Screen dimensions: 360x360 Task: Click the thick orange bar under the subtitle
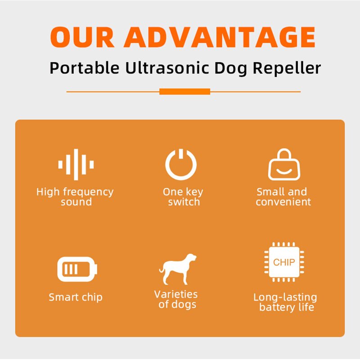(x=184, y=91)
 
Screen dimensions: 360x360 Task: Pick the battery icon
(x=77, y=270)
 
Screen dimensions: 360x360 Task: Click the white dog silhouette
(x=178, y=269)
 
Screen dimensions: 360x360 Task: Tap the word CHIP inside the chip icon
(x=284, y=262)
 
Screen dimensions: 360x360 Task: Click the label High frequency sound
(x=75, y=197)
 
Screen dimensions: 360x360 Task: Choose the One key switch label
(x=183, y=197)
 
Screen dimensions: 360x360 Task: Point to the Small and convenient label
(x=283, y=197)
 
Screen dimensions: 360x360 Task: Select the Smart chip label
(x=76, y=297)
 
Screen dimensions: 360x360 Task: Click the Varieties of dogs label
(x=176, y=299)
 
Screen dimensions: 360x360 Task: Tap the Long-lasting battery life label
(x=285, y=302)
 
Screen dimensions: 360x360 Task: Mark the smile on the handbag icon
(x=284, y=171)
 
